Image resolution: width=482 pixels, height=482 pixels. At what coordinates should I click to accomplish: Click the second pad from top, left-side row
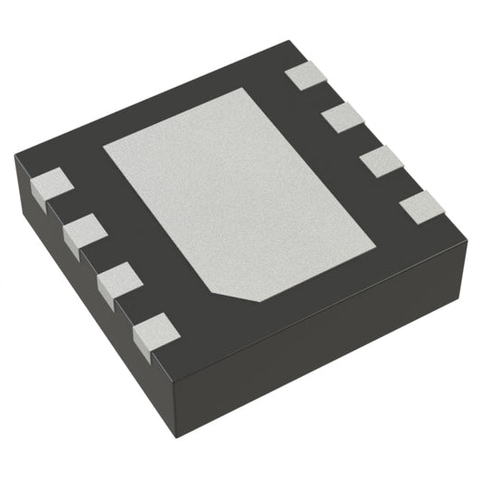tap(81, 232)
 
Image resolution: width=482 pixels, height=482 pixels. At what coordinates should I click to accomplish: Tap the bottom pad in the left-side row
tap(151, 330)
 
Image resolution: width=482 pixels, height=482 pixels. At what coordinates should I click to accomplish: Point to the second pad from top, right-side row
tap(343, 117)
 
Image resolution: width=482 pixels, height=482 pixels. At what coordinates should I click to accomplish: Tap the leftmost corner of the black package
tap(14, 159)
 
